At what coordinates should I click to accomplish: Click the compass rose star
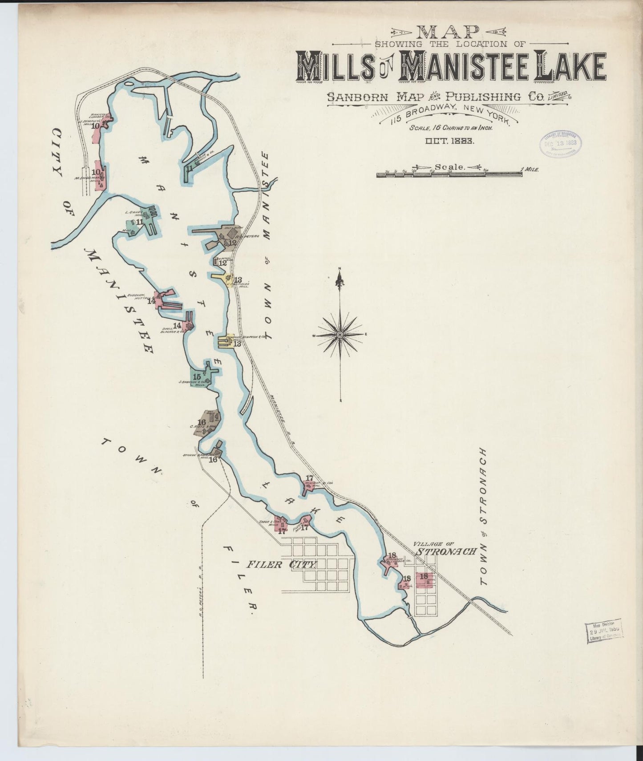(340, 334)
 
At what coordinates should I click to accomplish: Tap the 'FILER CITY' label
(281, 564)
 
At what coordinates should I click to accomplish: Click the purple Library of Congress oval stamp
(559, 143)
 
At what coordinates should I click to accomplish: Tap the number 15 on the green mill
(197, 376)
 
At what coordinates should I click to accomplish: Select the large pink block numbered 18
(424, 579)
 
